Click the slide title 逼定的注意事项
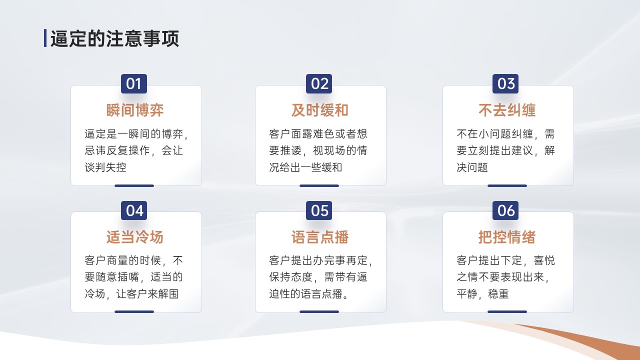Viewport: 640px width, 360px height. pyautogui.click(x=114, y=38)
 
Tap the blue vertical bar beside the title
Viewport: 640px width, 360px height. pyautogui.click(x=45, y=38)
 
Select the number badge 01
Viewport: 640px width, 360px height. pyautogui.click(x=134, y=83)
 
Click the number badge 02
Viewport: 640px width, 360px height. pyautogui.click(x=319, y=83)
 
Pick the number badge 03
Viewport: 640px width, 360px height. pyautogui.click(x=505, y=83)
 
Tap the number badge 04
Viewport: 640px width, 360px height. pyautogui.click(x=134, y=210)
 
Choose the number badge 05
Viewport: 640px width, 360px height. pyautogui.click(x=319, y=210)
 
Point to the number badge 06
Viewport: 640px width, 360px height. pyautogui.click(x=505, y=210)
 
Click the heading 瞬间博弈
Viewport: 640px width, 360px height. pyautogui.click(x=135, y=110)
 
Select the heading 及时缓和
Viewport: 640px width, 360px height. pyautogui.click(x=319, y=110)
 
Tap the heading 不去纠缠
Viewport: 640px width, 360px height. pyautogui.click(x=507, y=110)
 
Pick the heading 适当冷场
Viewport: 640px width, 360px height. pyautogui.click(x=135, y=237)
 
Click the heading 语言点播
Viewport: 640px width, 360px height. pyautogui.click(x=319, y=237)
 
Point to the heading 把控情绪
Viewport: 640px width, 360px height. pyautogui.click(x=507, y=237)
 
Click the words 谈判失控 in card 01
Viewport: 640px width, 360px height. pyautogui.click(x=105, y=167)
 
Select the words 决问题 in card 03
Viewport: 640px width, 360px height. pyautogui.click(x=472, y=167)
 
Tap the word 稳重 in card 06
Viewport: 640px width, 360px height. pyautogui.click(x=498, y=293)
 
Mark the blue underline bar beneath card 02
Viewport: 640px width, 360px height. pyautogui.click(x=319, y=185)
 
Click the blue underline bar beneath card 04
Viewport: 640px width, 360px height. pyautogui.click(x=134, y=311)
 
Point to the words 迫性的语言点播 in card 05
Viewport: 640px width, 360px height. pyautogui.click(x=305, y=293)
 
